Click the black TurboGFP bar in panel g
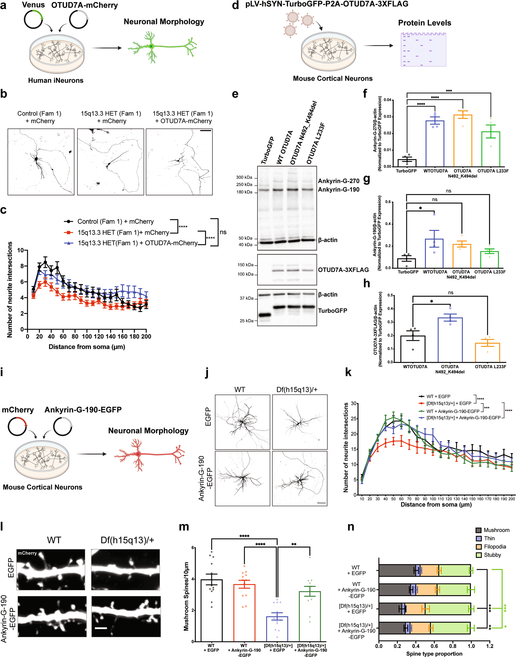coord(406,263)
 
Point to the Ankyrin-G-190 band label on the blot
coord(338,190)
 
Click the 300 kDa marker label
coord(244,177)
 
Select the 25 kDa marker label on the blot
coord(247,320)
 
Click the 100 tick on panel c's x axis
coord(87,337)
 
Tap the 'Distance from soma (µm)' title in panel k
coord(436,504)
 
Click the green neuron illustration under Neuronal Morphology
coord(162,47)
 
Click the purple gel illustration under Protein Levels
coord(423,49)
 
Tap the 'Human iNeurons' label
coord(56,80)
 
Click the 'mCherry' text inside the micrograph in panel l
coord(27,553)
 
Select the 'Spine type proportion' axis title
coord(434,654)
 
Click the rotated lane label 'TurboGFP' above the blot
coord(267,150)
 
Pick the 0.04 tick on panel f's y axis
coord(388,100)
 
